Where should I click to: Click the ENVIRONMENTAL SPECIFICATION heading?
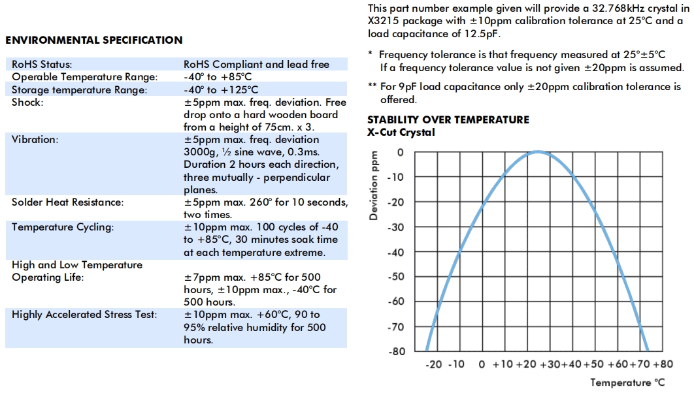tap(94, 40)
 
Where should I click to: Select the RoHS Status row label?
tap(42, 65)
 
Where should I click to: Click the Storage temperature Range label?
tap(79, 89)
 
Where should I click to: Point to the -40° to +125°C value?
tap(221, 89)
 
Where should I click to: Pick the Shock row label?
tap(27, 103)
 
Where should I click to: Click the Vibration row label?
tap(35, 140)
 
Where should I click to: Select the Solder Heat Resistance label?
tap(67, 202)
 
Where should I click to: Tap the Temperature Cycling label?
tap(63, 227)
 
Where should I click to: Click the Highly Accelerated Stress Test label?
tap(84, 315)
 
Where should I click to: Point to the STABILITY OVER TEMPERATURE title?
tap(448, 120)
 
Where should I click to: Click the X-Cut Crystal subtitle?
tap(401, 133)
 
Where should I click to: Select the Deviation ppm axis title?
tap(374, 186)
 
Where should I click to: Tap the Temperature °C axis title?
tap(628, 383)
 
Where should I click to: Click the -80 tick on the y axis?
tap(395, 351)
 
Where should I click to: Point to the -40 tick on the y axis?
tap(395, 252)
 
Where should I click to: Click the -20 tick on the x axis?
tap(435, 364)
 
